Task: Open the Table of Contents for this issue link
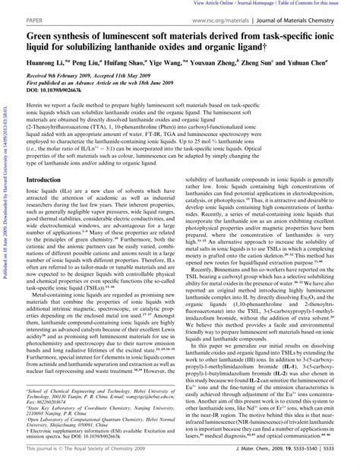pyautogui.click(x=319, y=4)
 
